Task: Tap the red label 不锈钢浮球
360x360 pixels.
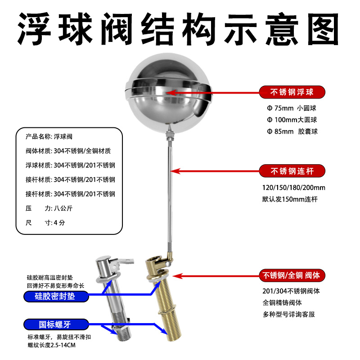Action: tap(292, 92)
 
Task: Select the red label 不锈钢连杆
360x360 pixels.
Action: tap(292, 171)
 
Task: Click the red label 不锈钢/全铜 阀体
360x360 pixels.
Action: tap(292, 275)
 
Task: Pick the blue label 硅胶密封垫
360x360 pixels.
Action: tap(56, 296)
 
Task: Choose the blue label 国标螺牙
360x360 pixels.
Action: tap(56, 324)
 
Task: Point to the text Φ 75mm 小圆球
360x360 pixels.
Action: tap(292, 108)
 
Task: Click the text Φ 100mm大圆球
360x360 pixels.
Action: tap(292, 120)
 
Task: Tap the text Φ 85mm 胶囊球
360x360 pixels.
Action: tap(292, 131)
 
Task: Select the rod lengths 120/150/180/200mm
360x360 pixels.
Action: tap(294, 188)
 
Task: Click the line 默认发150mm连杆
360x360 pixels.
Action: tap(290, 199)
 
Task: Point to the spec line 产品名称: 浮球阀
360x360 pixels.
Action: tap(49, 137)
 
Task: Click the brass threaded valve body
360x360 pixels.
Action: tap(163, 298)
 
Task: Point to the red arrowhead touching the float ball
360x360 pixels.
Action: tap(171, 93)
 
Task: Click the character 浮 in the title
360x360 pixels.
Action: tap(34, 29)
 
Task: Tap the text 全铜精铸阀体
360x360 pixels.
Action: tap(282, 302)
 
